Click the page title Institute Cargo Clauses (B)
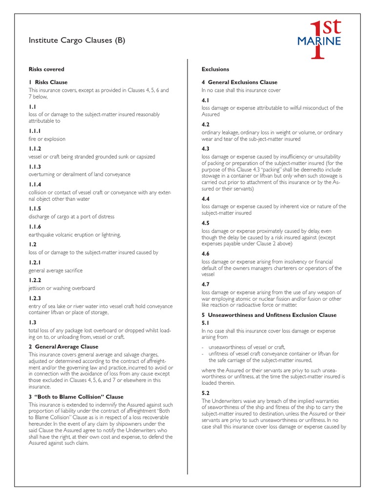tap(77, 41)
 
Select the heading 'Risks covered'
tap(46, 69)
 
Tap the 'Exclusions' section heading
tap(215, 69)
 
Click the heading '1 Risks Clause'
tap(48, 82)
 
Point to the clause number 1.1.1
tap(35, 131)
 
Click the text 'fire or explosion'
tap(47, 139)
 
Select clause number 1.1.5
tap(35, 208)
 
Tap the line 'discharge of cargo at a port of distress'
tap(71, 217)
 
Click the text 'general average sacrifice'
tap(56, 271)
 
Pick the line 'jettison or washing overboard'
tap(62, 288)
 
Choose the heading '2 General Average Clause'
tap(63, 346)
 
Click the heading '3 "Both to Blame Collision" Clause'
tap(76, 396)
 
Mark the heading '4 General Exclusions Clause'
tap(239, 82)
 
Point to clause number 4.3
tap(206, 148)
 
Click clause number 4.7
tap(206, 284)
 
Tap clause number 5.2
tap(206, 393)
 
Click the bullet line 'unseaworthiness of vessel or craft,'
tap(240, 347)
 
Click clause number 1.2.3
tap(35, 298)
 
